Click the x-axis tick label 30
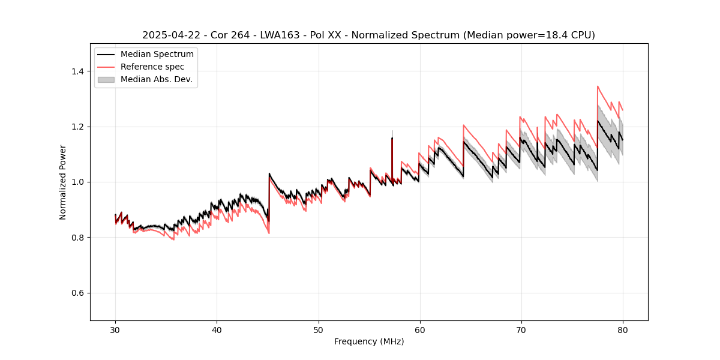pos(115,329)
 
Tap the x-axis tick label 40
pos(217,329)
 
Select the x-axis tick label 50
pos(318,329)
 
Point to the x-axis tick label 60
pos(419,329)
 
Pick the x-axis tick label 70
pos(521,329)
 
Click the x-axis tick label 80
pos(622,329)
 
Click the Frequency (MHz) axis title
pos(369,341)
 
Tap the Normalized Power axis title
pos(63,182)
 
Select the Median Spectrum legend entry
pos(157,55)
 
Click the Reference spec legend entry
pos(152,67)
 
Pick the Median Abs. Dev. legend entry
pos(156,79)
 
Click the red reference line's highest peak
pos(598,86)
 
